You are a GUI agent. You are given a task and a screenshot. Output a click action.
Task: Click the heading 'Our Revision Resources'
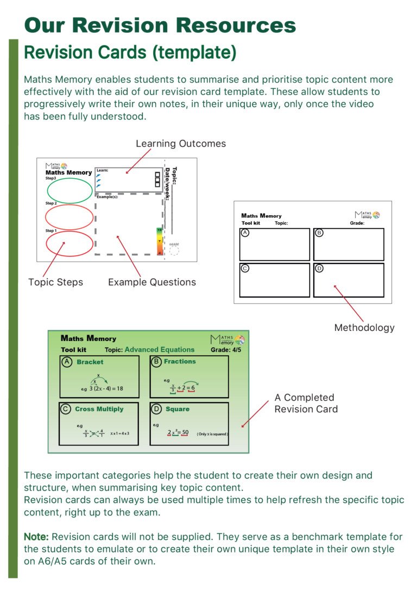(160, 25)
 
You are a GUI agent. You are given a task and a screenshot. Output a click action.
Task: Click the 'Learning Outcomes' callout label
(181, 143)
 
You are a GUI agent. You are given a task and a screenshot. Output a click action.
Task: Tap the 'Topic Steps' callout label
(55, 282)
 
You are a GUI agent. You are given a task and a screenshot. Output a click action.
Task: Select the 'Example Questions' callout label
(152, 282)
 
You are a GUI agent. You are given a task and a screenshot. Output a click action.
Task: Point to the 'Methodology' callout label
(364, 328)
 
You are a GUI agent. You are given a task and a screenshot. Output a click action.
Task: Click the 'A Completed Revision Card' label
(306, 403)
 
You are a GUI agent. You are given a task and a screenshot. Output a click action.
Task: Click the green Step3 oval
(69, 190)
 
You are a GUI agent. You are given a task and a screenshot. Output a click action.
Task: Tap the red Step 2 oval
(69, 217)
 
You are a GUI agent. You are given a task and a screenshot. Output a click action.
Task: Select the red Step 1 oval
(69, 243)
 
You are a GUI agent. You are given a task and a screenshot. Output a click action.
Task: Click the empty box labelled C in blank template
(274, 280)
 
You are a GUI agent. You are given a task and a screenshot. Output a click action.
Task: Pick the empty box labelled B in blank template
(349, 244)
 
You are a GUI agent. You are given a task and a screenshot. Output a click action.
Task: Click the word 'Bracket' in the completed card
(90, 362)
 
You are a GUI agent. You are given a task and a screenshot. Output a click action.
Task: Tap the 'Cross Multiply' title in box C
(99, 409)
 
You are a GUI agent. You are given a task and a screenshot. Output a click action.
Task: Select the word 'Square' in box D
(178, 409)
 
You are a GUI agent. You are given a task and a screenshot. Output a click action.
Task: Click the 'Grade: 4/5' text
(226, 350)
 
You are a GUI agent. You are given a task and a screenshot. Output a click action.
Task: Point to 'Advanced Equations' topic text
(160, 350)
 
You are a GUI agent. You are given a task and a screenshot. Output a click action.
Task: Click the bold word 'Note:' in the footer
(36, 537)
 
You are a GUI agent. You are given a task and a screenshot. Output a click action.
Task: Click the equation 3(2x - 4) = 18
(106, 388)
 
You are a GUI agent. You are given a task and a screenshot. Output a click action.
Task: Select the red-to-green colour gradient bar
(159, 241)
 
